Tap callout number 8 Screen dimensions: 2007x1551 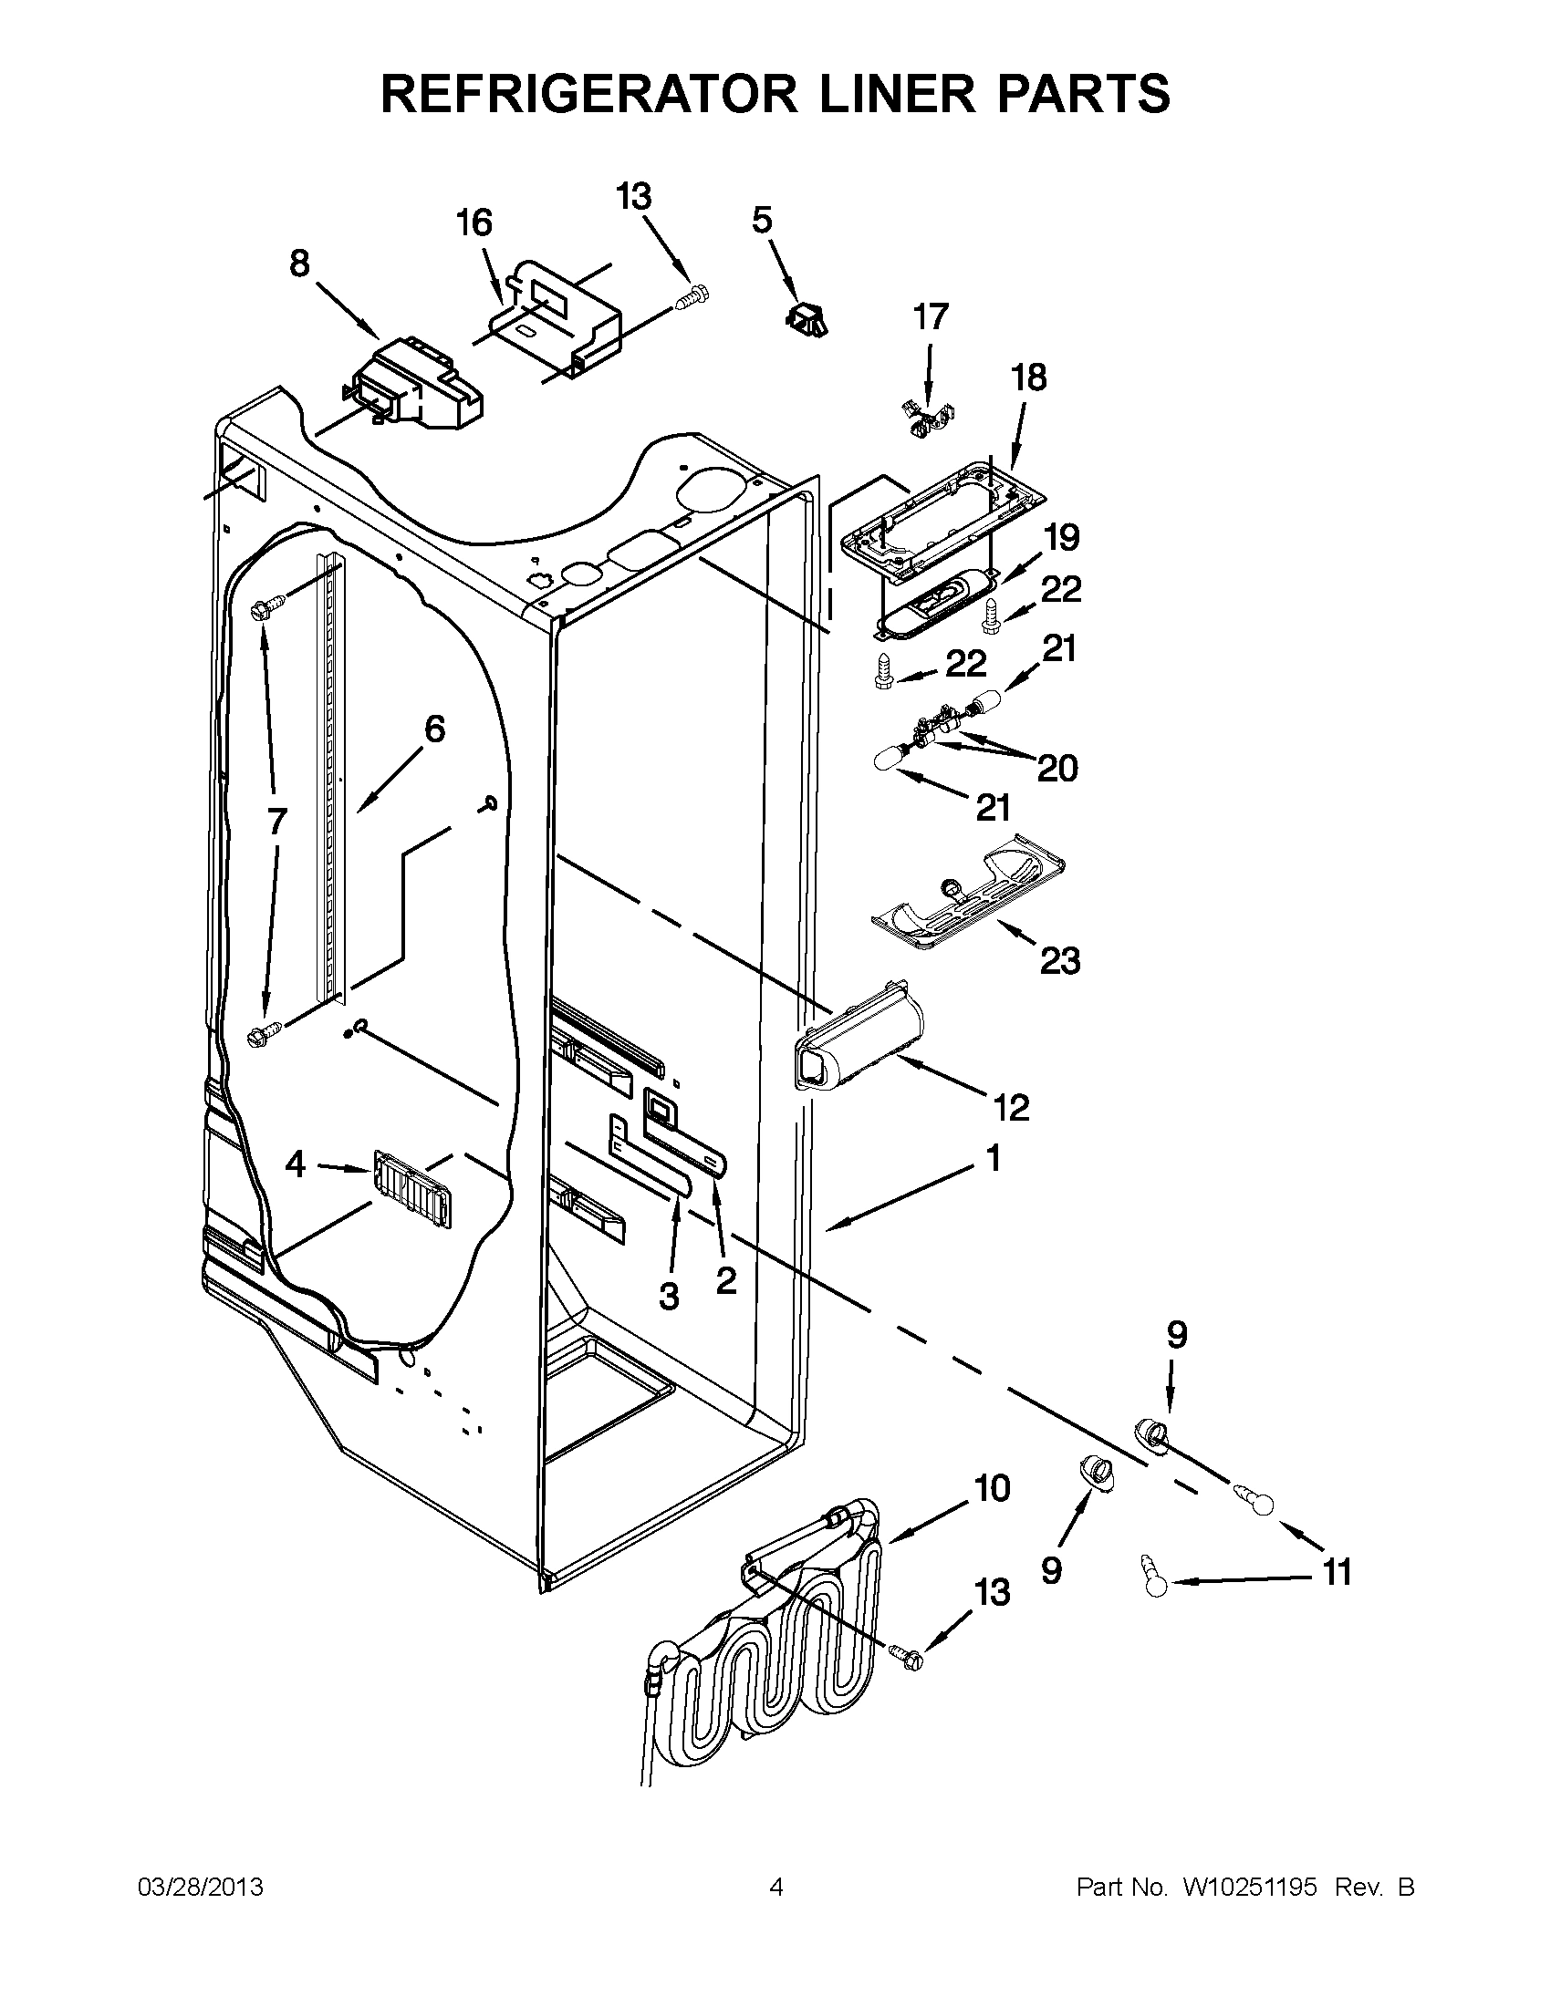[300, 264]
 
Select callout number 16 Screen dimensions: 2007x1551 [474, 223]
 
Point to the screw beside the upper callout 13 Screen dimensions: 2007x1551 [691, 298]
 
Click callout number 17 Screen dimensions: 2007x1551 [930, 317]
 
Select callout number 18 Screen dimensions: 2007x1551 [1029, 378]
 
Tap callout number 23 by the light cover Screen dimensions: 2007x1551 [1059, 962]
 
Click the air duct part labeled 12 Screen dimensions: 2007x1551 [859, 1045]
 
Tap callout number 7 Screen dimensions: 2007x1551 [276, 821]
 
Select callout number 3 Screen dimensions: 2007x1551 [670, 1297]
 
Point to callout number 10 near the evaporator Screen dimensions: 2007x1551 [992, 1488]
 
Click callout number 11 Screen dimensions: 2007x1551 [1337, 1572]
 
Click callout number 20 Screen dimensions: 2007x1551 [1057, 769]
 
